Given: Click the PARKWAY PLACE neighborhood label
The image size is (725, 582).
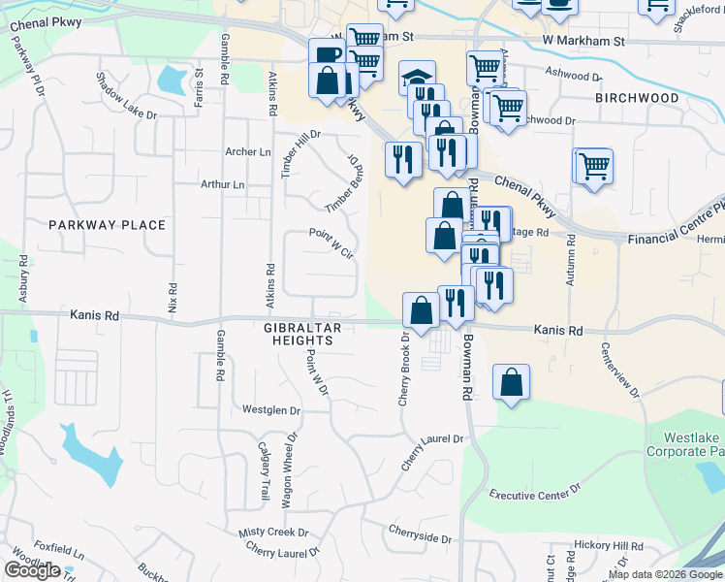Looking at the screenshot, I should (x=107, y=225).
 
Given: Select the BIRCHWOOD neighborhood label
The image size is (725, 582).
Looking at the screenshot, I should (x=637, y=98).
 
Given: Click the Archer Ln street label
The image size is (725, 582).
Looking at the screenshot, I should (x=248, y=152).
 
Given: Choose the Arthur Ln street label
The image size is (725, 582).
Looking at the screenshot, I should (x=222, y=184).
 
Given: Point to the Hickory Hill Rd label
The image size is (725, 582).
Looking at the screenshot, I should (x=609, y=547).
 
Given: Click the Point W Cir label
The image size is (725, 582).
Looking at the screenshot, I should (x=332, y=238).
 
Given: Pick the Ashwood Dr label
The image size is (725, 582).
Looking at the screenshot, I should (x=573, y=75).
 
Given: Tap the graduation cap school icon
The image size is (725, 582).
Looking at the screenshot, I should (x=417, y=78).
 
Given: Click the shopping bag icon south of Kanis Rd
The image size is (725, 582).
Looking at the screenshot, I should (x=511, y=383).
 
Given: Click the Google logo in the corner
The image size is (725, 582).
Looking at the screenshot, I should (x=32, y=570).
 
